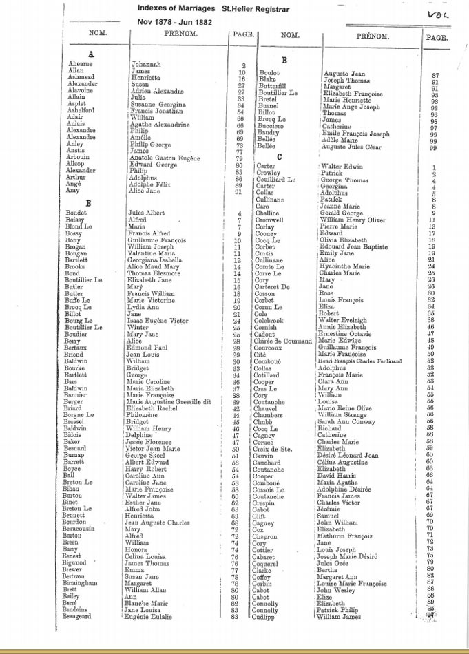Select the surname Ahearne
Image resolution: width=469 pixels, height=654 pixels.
pos(79,64)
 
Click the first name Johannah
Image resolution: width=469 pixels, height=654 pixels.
pos(146,65)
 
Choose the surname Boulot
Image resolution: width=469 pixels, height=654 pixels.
pos(269,72)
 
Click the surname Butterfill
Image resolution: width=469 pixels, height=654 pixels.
pos(273,87)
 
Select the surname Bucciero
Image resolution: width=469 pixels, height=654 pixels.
pos(272,126)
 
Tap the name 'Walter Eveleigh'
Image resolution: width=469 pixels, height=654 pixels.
pos(346,320)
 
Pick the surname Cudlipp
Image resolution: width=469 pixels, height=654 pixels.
pos(268,617)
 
